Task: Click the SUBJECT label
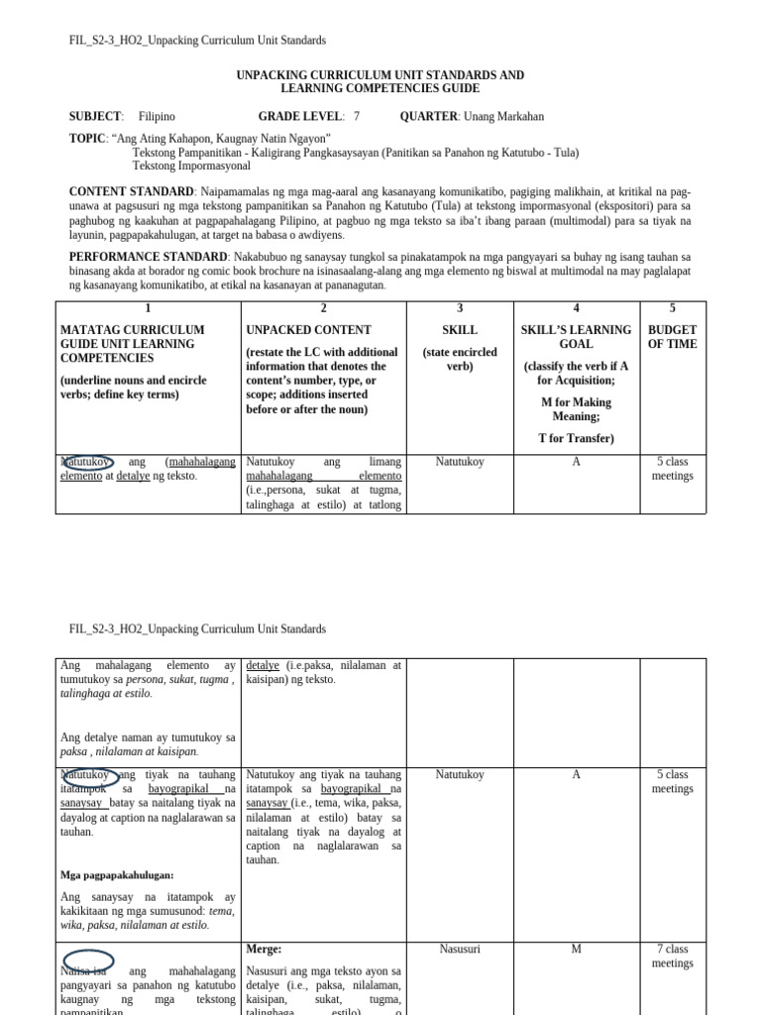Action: (x=95, y=117)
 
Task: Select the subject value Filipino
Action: (x=157, y=117)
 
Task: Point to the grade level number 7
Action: (x=357, y=117)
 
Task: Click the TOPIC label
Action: (x=86, y=139)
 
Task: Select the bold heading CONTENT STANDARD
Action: (x=131, y=191)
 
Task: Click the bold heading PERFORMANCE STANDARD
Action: (x=145, y=256)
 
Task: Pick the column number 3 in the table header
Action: (x=460, y=309)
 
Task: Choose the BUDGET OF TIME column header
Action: (x=672, y=337)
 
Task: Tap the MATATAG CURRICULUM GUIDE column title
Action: (x=133, y=344)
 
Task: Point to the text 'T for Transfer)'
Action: (x=576, y=438)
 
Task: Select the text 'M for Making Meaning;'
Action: (x=576, y=409)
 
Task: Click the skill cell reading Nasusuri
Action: (x=460, y=950)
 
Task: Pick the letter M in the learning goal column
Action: (x=576, y=950)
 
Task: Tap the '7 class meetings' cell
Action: (x=672, y=957)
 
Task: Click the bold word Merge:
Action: (x=265, y=950)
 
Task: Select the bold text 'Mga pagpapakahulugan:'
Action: (x=117, y=875)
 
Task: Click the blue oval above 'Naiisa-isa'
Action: (x=88, y=960)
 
